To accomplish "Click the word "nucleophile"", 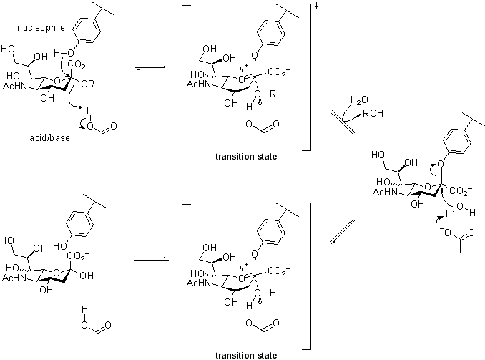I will pos(41,28).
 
